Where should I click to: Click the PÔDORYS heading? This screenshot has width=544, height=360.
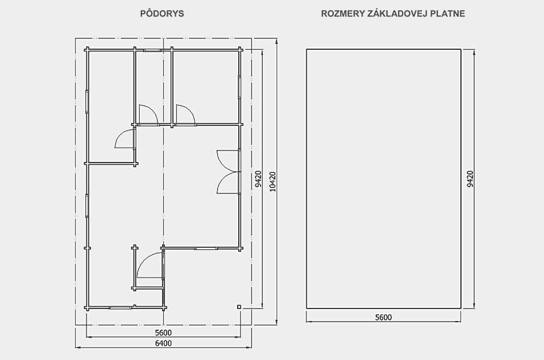pyautogui.click(x=162, y=14)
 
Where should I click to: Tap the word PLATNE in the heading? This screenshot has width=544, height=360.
pyautogui.click(x=448, y=14)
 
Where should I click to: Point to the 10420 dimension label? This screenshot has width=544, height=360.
pyautogui.click(x=273, y=181)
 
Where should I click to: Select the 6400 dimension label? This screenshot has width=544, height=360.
pyautogui.click(x=163, y=343)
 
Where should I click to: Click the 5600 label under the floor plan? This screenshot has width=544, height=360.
pyautogui.click(x=163, y=333)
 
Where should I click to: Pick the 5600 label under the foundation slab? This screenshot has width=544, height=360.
pyautogui.click(x=383, y=317)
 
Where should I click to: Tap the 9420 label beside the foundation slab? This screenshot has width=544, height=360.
pyautogui.click(x=470, y=179)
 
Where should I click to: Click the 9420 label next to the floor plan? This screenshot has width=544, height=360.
pyautogui.click(x=258, y=179)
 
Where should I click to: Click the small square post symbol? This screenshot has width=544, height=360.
pyautogui.click(x=239, y=307)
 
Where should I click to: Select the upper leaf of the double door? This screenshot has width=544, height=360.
pyautogui.click(x=228, y=161)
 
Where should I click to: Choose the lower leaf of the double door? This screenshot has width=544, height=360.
pyautogui.click(x=228, y=183)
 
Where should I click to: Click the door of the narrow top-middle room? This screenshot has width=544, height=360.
pyautogui.click(x=148, y=114)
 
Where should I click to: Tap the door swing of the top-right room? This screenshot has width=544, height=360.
pyautogui.click(x=186, y=114)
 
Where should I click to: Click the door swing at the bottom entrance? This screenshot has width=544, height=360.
pyautogui.click(x=150, y=266)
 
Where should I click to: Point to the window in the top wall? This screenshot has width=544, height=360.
pyautogui.click(x=153, y=50)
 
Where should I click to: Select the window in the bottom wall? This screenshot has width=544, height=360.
pyautogui.click(x=120, y=307)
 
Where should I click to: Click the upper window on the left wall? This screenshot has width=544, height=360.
pyautogui.click(x=87, y=102)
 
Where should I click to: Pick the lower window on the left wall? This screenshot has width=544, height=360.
pyautogui.click(x=87, y=206)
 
